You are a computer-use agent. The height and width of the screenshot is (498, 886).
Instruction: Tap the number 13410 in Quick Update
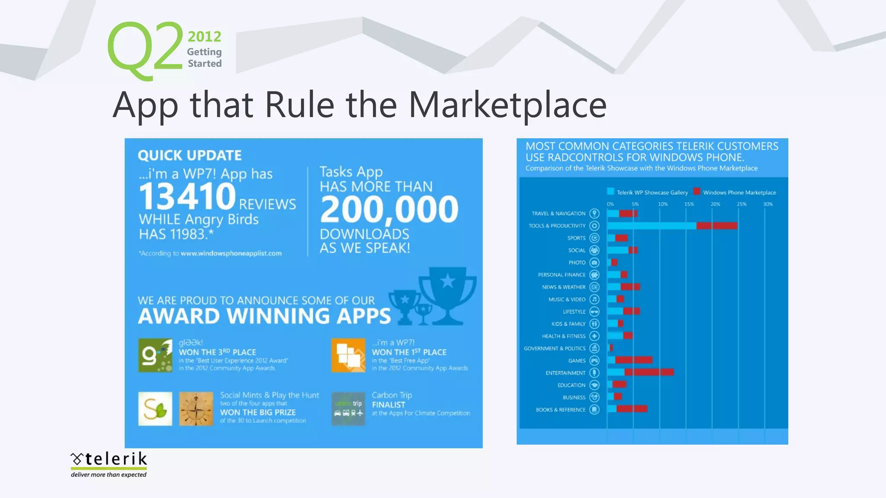click(x=187, y=197)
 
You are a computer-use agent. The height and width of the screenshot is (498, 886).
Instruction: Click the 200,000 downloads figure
click(x=389, y=210)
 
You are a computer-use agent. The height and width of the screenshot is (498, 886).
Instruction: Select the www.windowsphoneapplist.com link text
click(x=231, y=253)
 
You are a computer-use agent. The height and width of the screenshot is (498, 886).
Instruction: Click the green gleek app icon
click(x=155, y=355)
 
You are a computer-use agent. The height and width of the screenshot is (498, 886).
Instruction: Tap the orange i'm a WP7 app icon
click(x=348, y=355)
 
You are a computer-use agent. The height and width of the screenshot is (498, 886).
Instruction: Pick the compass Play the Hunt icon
click(x=196, y=409)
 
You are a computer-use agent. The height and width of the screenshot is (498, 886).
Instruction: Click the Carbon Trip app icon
click(x=348, y=409)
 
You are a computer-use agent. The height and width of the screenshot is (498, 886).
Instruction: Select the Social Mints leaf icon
click(x=155, y=409)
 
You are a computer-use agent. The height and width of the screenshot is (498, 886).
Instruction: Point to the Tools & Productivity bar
click(x=672, y=226)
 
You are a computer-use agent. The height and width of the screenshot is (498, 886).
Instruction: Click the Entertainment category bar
click(x=640, y=372)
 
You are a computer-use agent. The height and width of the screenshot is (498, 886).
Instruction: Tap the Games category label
click(x=577, y=361)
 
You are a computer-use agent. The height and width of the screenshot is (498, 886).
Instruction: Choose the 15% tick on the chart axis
click(x=689, y=204)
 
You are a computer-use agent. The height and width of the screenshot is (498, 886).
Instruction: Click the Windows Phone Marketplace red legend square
click(x=697, y=192)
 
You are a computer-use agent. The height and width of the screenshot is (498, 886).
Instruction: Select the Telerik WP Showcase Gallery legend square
click(x=610, y=192)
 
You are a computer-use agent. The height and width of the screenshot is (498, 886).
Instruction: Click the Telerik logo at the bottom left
click(x=109, y=464)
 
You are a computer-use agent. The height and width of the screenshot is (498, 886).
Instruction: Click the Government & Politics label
click(x=555, y=348)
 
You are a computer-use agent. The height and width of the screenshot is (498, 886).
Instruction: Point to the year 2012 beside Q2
click(x=204, y=37)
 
